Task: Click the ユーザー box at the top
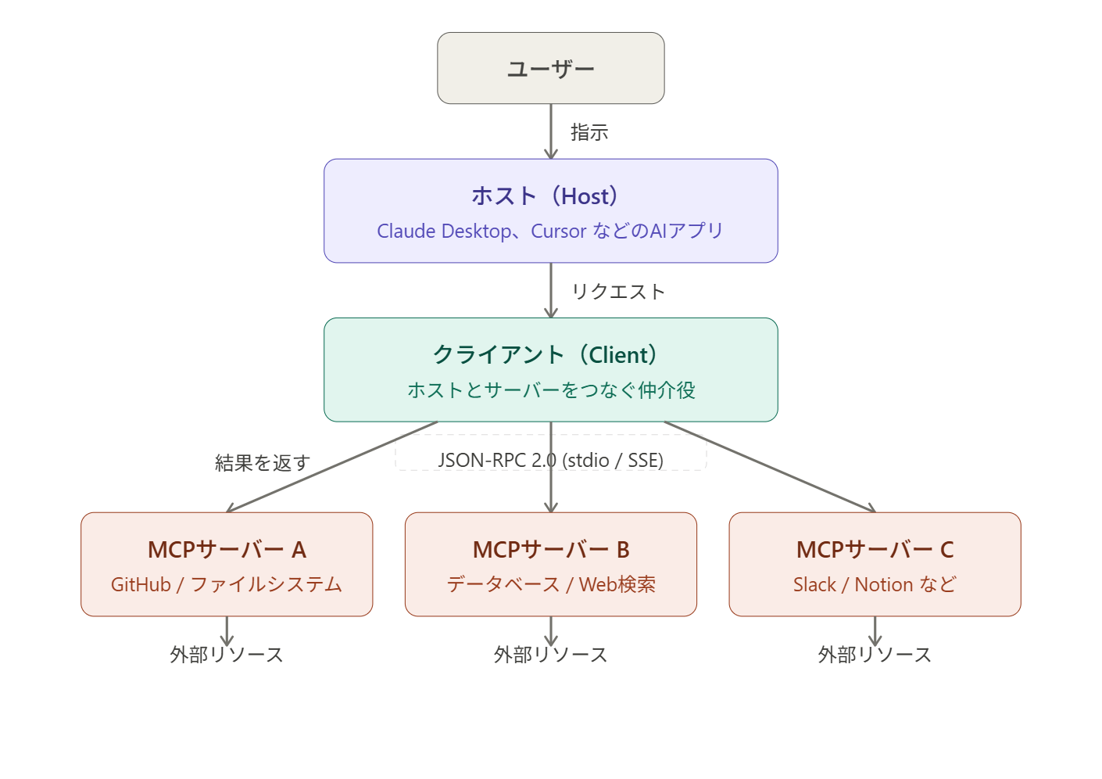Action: point(550,68)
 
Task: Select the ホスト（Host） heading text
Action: point(545,196)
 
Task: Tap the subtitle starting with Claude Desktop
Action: point(550,232)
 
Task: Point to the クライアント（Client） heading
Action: point(545,354)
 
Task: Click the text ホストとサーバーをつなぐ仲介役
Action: point(551,389)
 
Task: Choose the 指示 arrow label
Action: point(589,132)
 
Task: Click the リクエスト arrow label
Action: point(618,292)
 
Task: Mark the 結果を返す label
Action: point(263,463)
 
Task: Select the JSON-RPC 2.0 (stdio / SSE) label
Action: point(550,460)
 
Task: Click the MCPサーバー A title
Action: point(227,550)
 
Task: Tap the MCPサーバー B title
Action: point(551,550)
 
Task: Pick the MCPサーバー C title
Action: point(875,550)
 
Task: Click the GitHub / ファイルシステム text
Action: point(227,584)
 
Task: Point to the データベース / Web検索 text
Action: point(551,584)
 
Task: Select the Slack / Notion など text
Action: point(875,584)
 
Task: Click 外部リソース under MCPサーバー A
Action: point(227,655)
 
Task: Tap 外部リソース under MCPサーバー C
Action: point(875,655)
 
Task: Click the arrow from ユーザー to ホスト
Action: point(551,131)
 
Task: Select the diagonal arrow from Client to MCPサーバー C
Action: point(770,467)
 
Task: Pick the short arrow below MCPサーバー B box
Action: point(551,630)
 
